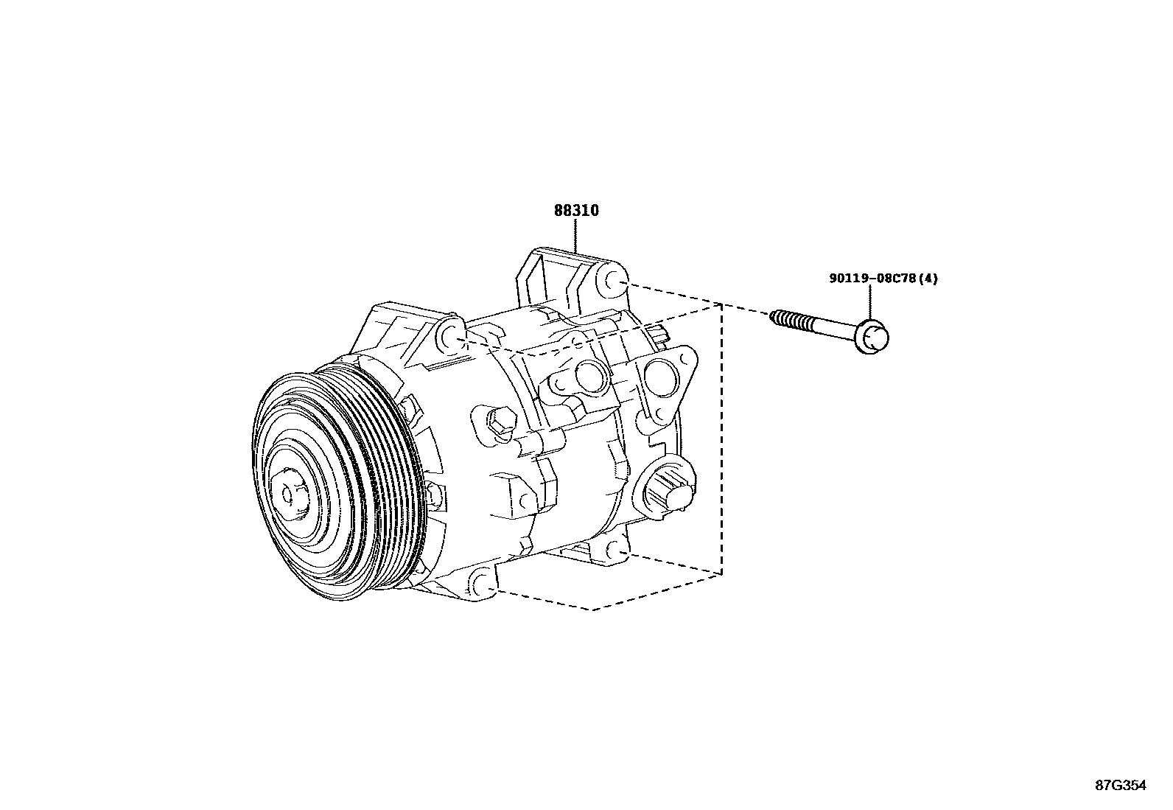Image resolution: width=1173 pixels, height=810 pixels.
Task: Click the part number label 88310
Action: tap(576, 211)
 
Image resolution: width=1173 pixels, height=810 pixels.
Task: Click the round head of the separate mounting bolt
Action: tap(875, 338)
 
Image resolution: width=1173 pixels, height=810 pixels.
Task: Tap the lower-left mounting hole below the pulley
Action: tap(483, 584)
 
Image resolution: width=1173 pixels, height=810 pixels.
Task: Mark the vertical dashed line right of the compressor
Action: tap(721, 442)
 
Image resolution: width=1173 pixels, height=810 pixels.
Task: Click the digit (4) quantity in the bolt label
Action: tap(931, 279)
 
